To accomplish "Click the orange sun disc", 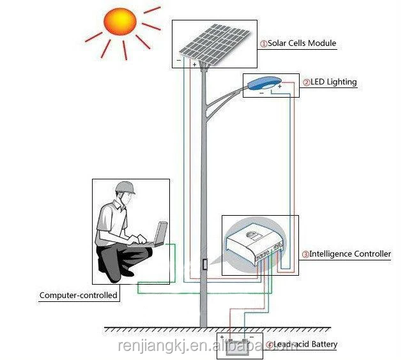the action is (120, 22).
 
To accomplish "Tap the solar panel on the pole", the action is (215, 43).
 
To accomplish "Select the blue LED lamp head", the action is (264, 84).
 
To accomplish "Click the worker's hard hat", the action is (125, 187).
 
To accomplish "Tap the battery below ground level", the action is (238, 348).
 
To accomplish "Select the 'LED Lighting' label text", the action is (333, 82).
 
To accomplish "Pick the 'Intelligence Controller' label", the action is (350, 254).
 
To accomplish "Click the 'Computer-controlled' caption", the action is (79, 295).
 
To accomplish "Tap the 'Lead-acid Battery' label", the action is (305, 344).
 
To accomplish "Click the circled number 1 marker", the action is (264, 44).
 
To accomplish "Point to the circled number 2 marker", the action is (307, 82).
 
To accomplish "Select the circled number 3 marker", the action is (305, 255).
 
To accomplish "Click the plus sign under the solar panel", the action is (194, 64).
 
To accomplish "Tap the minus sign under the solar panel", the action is (179, 61).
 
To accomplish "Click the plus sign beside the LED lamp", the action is (280, 86).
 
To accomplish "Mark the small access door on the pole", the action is (204, 264).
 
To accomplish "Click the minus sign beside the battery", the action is (252, 337).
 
